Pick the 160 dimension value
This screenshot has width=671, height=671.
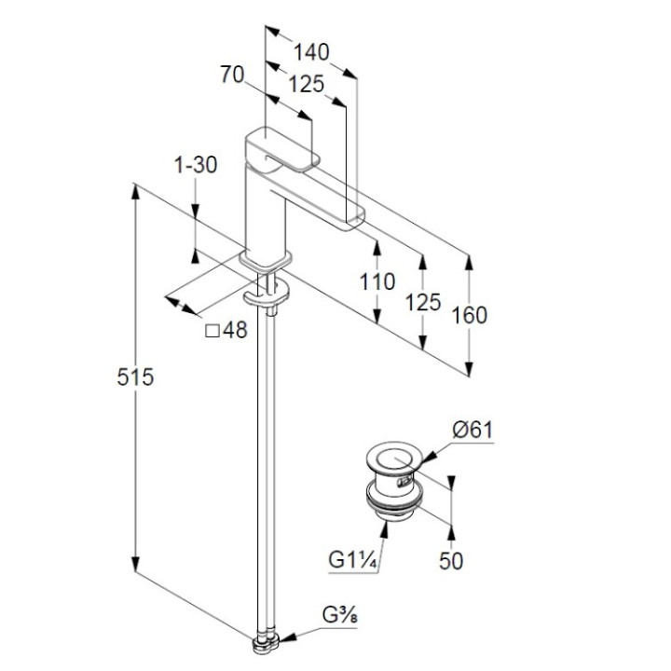click(468, 314)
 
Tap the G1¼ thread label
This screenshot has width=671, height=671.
click(350, 560)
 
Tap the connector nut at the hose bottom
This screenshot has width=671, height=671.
click(266, 642)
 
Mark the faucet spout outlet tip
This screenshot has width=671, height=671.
click(356, 221)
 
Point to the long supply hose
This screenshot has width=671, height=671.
click(268, 466)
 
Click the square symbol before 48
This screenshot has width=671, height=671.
click(211, 330)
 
